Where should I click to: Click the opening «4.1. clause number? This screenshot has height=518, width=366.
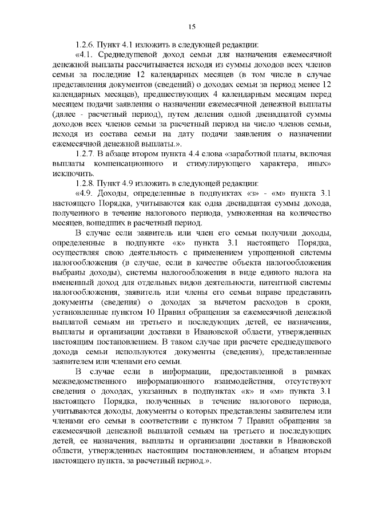tap(86, 56)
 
